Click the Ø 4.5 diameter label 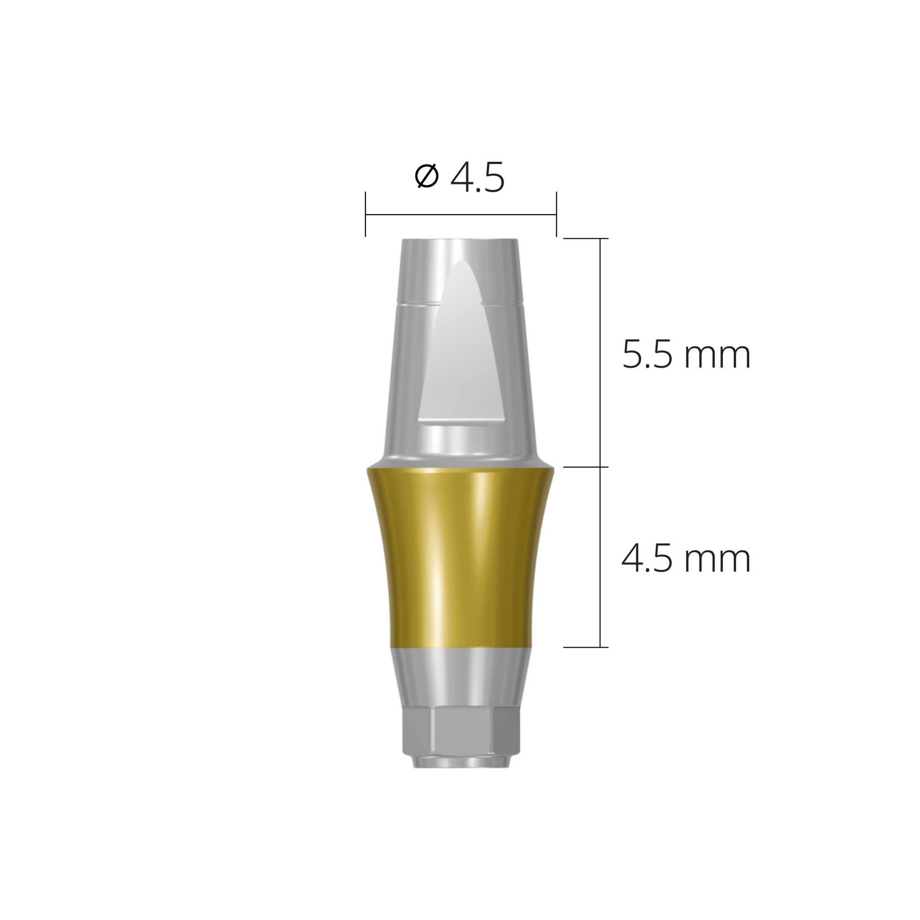pyautogui.click(x=459, y=178)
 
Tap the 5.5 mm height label pyautogui.click(x=686, y=355)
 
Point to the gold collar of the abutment pyautogui.click(x=460, y=557)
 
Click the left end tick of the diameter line pyautogui.click(x=365, y=214)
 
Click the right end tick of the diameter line pyautogui.click(x=556, y=214)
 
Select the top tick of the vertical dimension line pyautogui.click(x=586, y=238)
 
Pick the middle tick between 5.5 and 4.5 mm pyautogui.click(x=586, y=467)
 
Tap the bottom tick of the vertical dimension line pyautogui.click(x=586, y=647)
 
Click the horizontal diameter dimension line pyautogui.click(x=460, y=215)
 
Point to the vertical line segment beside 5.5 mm pyautogui.click(x=600, y=352)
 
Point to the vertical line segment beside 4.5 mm pyautogui.click(x=600, y=557)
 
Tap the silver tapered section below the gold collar pyautogui.click(x=460, y=676)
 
